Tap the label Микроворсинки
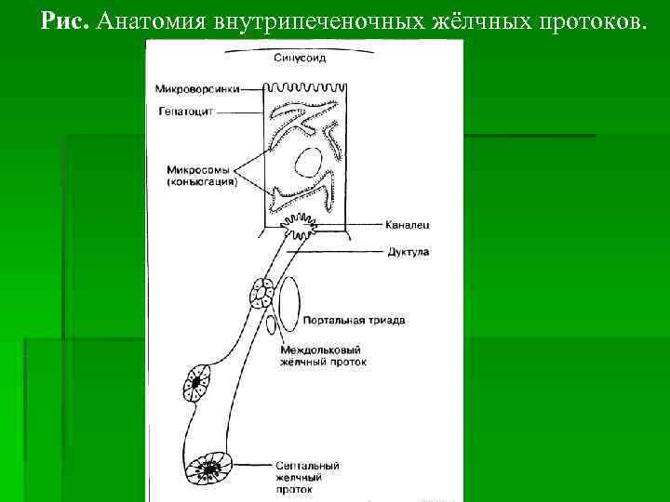click(x=198, y=89)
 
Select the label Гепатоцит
click(x=193, y=111)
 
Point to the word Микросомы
click(x=197, y=170)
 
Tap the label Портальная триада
click(x=355, y=321)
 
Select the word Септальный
click(x=307, y=465)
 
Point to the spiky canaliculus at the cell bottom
click(x=302, y=224)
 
